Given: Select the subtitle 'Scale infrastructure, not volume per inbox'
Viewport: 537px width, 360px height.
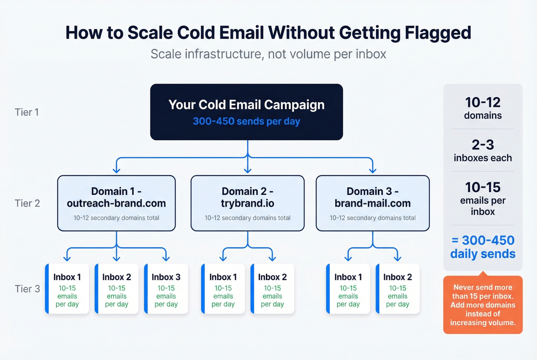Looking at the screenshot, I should pos(268,54).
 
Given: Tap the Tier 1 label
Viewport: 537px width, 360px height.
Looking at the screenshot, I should pos(26,112).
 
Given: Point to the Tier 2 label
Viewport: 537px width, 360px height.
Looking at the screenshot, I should pos(27,203).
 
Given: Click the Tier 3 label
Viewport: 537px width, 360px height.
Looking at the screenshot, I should pos(27,289).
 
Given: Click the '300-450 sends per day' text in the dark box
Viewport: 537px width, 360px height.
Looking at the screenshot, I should pos(246,122).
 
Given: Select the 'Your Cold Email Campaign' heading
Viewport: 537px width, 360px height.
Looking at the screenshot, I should pos(246,105).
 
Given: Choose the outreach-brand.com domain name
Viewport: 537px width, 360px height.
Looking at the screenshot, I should pos(116,203).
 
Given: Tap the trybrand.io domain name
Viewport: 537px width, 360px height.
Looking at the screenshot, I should pos(247,203).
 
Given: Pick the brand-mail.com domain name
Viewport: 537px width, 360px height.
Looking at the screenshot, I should pos(372,203).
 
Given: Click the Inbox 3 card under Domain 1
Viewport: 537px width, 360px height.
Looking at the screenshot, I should pos(166,289).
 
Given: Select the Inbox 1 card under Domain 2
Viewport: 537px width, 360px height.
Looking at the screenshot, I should pos(223,289).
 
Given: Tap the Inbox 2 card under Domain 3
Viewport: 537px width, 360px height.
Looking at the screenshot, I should pos(397,289).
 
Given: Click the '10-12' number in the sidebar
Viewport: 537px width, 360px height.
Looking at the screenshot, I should pos(483,102).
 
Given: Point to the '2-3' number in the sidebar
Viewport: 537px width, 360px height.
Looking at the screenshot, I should pos(483,145).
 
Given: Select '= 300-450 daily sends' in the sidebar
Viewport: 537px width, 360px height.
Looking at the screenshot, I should pos(483,247).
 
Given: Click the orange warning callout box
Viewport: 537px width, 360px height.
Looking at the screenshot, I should pos(483,305).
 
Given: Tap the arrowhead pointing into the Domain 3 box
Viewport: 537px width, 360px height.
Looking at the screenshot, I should pos(372,170).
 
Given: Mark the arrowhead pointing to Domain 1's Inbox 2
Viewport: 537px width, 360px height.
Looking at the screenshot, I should pos(117,258).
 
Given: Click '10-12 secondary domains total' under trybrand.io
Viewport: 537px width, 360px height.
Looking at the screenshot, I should pos(247,218).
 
